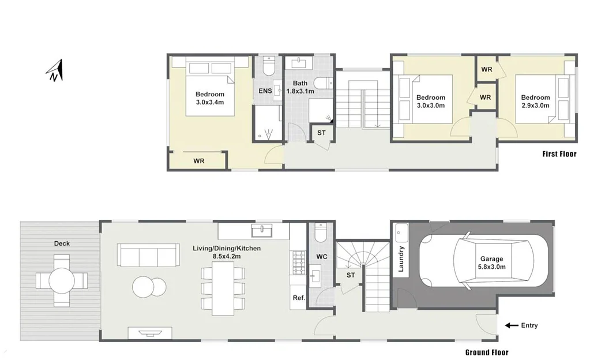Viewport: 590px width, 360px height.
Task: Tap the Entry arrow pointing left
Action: (x=512, y=325)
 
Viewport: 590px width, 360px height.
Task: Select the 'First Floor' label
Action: (x=559, y=153)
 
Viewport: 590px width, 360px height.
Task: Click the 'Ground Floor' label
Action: (x=487, y=352)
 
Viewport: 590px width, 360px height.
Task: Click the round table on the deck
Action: (x=62, y=280)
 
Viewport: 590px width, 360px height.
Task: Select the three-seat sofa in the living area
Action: (x=148, y=255)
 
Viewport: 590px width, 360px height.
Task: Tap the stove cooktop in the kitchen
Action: (x=299, y=262)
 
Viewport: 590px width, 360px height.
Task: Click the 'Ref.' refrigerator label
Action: (x=299, y=298)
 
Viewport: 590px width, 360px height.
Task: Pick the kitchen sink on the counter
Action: (x=261, y=230)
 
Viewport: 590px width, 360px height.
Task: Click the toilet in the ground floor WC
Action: (x=321, y=232)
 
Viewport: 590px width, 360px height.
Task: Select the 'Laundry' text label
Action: (x=401, y=259)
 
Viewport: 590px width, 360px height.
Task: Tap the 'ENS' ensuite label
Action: (x=265, y=91)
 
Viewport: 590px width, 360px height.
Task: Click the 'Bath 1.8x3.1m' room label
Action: (x=300, y=87)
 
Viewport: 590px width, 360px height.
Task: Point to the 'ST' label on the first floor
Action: (x=321, y=133)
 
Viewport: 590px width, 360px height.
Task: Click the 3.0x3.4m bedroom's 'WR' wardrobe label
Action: (x=198, y=161)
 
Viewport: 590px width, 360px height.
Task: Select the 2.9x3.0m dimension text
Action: (x=535, y=106)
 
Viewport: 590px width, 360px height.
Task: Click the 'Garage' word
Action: (x=491, y=259)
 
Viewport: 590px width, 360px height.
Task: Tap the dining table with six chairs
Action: (x=223, y=288)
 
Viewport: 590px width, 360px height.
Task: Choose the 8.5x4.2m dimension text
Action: (x=227, y=257)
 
